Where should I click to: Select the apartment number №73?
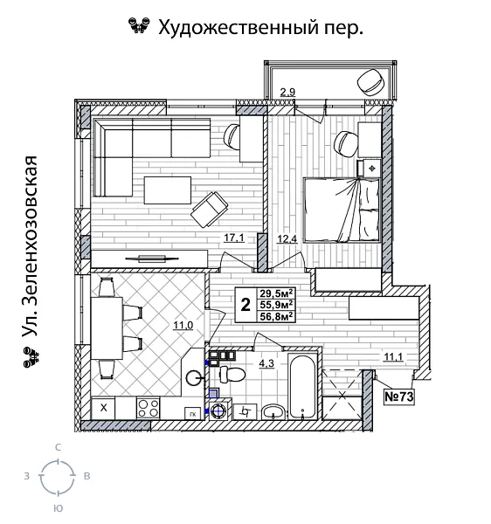pos(398,396)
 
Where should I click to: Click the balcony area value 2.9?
pos(287,91)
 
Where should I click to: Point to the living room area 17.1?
pos(233,238)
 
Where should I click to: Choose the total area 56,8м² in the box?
pos(277,316)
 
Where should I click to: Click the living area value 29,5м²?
pos(277,293)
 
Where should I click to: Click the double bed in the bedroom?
pos(340,208)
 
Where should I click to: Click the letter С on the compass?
pos(57,446)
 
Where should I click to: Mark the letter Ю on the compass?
pos(57,507)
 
